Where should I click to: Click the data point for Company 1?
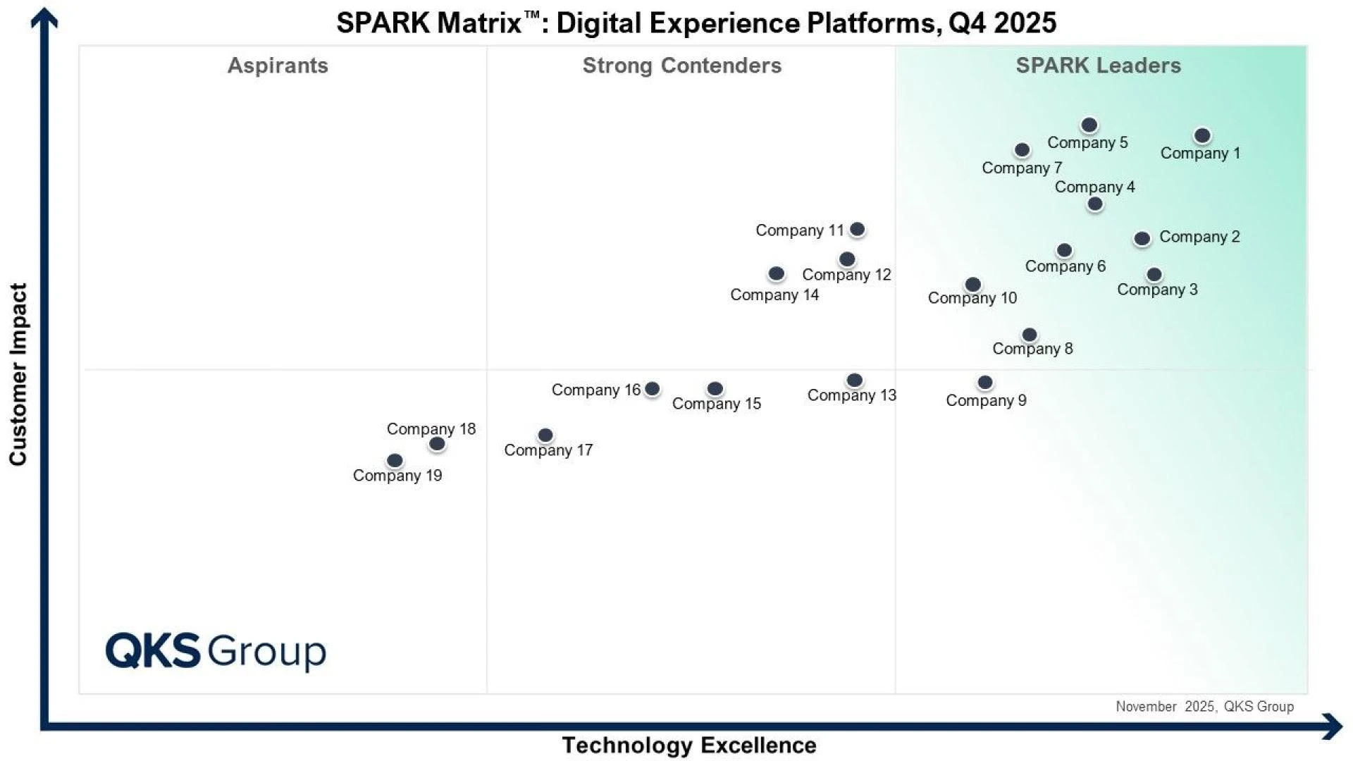(x=1202, y=135)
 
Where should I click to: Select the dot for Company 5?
(x=1089, y=125)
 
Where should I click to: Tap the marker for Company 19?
(x=395, y=460)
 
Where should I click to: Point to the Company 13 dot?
(x=855, y=380)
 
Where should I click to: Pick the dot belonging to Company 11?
(x=858, y=229)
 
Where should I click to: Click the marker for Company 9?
(x=985, y=382)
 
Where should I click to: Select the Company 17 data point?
(x=545, y=435)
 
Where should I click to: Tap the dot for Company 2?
(x=1142, y=238)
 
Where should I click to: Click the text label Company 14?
(x=774, y=295)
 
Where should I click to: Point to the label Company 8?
(x=1032, y=348)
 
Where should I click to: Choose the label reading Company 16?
(x=595, y=390)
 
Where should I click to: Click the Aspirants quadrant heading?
(x=278, y=66)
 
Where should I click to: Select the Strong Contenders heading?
(x=681, y=66)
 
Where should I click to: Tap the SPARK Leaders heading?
(x=1098, y=66)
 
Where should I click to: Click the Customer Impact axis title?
(x=18, y=374)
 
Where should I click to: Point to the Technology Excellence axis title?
(x=688, y=745)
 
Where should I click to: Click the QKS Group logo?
(x=216, y=650)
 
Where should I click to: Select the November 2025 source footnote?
(x=1204, y=706)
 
